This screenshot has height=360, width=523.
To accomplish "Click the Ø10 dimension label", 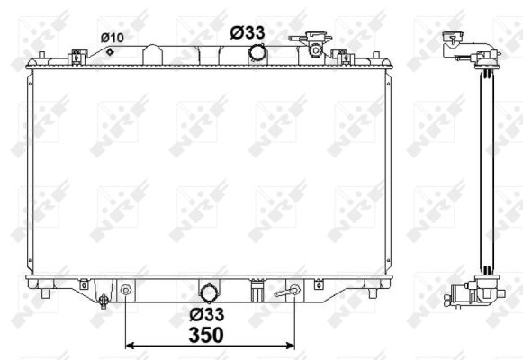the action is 112,38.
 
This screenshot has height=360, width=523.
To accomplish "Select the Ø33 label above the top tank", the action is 248,32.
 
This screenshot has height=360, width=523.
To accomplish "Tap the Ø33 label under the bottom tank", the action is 207,314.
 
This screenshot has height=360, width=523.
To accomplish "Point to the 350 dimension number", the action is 206,335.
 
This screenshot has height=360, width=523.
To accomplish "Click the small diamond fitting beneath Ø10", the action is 110,51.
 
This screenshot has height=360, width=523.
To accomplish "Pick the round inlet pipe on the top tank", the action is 257,53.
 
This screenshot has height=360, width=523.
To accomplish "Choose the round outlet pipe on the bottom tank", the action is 209,293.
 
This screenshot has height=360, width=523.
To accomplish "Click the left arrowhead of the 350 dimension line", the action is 130,346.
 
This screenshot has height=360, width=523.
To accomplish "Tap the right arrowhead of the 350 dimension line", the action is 291,346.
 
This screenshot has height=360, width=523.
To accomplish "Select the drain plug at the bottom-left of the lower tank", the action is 104,301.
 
